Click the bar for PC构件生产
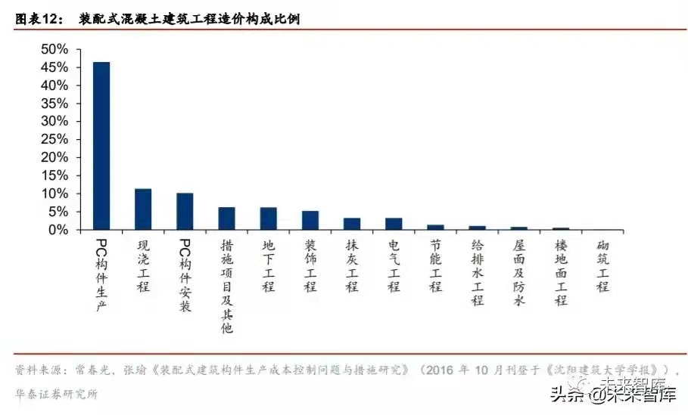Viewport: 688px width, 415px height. pyautogui.click(x=101, y=146)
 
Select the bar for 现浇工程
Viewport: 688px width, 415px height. pyautogui.click(x=143, y=209)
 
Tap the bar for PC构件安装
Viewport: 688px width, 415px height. pyautogui.click(x=185, y=212)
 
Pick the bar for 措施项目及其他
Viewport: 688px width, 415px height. pyautogui.click(x=227, y=218)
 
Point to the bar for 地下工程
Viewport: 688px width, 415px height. pyautogui.click(x=269, y=218)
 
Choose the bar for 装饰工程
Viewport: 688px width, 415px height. pyautogui.click(x=310, y=221)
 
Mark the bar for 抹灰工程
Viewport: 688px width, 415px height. pyautogui.click(x=352, y=224)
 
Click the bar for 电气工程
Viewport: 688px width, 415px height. pyautogui.click(x=394, y=224)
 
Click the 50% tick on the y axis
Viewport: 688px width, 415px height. pyautogui.click(x=54, y=50)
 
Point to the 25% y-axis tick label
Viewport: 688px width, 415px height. pyautogui.click(x=54, y=140)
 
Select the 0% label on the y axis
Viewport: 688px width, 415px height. pyautogui.click(x=59, y=230)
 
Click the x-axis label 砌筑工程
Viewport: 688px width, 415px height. pyautogui.click(x=602, y=266)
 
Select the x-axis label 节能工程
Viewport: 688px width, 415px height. pyautogui.click(x=436, y=266)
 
